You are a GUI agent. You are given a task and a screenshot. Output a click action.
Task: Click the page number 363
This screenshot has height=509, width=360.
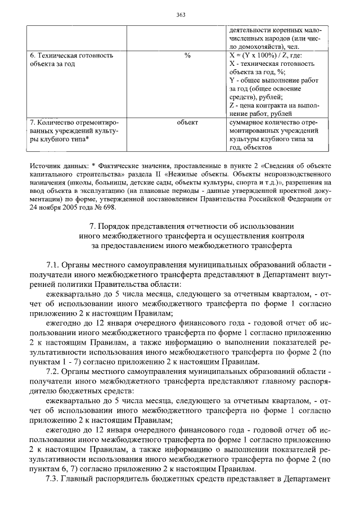point(180,15)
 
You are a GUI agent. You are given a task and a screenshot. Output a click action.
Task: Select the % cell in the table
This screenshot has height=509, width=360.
point(187,56)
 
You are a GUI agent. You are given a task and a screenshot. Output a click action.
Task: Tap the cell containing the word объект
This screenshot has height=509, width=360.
point(187,121)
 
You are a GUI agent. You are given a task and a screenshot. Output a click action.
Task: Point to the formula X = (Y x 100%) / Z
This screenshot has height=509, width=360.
point(263,56)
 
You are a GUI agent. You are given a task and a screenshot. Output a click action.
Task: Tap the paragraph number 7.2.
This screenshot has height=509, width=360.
point(52,372)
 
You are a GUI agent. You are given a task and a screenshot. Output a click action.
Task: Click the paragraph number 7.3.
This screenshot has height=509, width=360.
point(52,481)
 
